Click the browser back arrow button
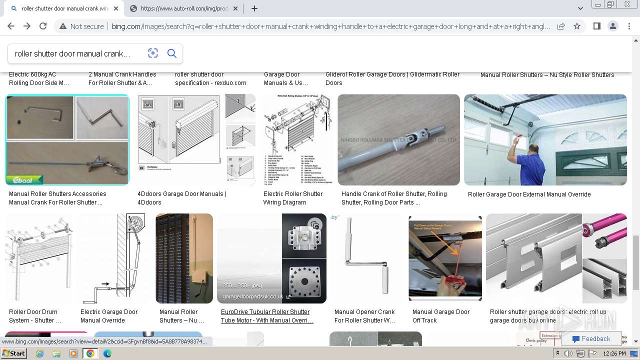(x=11, y=26)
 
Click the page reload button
(x=43, y=26)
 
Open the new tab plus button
(x=254, y=8)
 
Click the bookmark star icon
(x=577, y=26)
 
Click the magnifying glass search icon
(x=171, y=53)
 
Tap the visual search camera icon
(x=153, y=53)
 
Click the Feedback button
(x=591, y=339)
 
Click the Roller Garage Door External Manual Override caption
(x=529, y=194)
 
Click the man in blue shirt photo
(x=545, y=140)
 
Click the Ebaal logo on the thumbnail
(x=24, y=179)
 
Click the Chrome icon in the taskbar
(x=90, y=353)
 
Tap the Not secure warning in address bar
(x=81, y=26)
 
